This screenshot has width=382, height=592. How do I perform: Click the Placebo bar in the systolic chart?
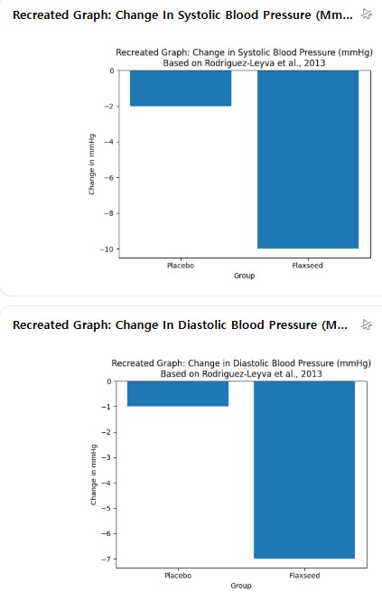point(181,89)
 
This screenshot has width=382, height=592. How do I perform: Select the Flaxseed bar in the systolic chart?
point(308,159)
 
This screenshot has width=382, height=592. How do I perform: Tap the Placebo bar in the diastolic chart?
point(178,394)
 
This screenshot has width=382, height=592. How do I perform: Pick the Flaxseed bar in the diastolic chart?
point(304,470)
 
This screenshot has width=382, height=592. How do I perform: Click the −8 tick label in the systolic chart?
point(108,213)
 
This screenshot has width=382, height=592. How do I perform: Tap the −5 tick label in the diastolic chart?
point(107,508)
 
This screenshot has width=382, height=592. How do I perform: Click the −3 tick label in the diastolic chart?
point(107,457)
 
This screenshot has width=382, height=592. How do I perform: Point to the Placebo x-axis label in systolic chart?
point(181,266)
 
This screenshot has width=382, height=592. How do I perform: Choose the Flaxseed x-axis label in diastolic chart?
point(304,576)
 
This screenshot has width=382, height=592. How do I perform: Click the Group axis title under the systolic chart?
point(245,276)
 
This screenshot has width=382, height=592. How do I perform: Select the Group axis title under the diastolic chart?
point(241,586)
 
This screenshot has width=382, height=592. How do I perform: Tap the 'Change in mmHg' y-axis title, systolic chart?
point(91,164)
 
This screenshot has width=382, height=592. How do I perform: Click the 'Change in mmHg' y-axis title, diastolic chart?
point(93,475)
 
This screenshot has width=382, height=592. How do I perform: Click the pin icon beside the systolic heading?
point(367,14)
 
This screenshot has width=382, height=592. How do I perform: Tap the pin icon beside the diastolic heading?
point(367,324)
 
